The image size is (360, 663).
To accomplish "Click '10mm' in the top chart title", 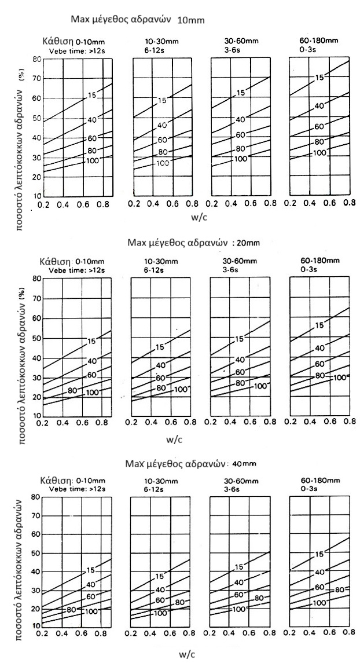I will coord(193,20).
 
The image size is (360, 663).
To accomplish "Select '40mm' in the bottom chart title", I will coord(244,463).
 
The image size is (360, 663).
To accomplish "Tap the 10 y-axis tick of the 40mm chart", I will coord(36,627).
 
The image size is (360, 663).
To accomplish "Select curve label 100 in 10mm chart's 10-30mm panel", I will coord(163,163).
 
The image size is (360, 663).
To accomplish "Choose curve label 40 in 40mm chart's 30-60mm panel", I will coord(240,581).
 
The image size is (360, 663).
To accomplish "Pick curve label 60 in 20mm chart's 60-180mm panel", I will coord(319,364).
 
